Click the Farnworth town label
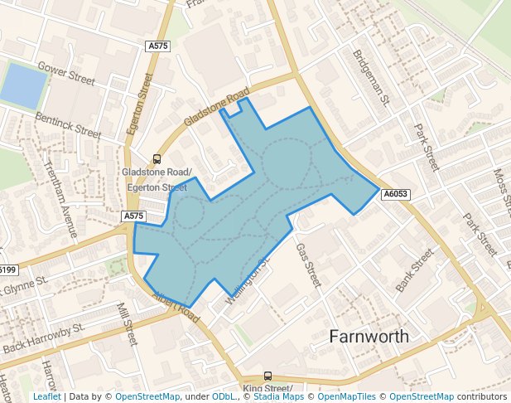pyautogui.click(x=369, y=336)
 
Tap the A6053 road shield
pyautogui.click(x=395, y=194)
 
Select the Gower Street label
pyautogui.click(x=67, y=74)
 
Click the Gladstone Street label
pyautogui.click(x=215, y=107)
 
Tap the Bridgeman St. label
pyautogui.click(x=371, y=77)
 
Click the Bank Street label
pyautogui.click(x=415, y=269)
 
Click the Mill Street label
pyautogui.click(x=127, y=323)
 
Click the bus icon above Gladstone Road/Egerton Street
pyautogui.click(x=156, y=159)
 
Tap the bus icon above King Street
pyautogui.click(x=268, y=376)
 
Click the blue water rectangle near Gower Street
pyautogui.click(x=23, y=85)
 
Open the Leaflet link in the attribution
pyautogui.click(x=46, y=397)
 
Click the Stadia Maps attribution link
pyautogui.click(x=281, y=397)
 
